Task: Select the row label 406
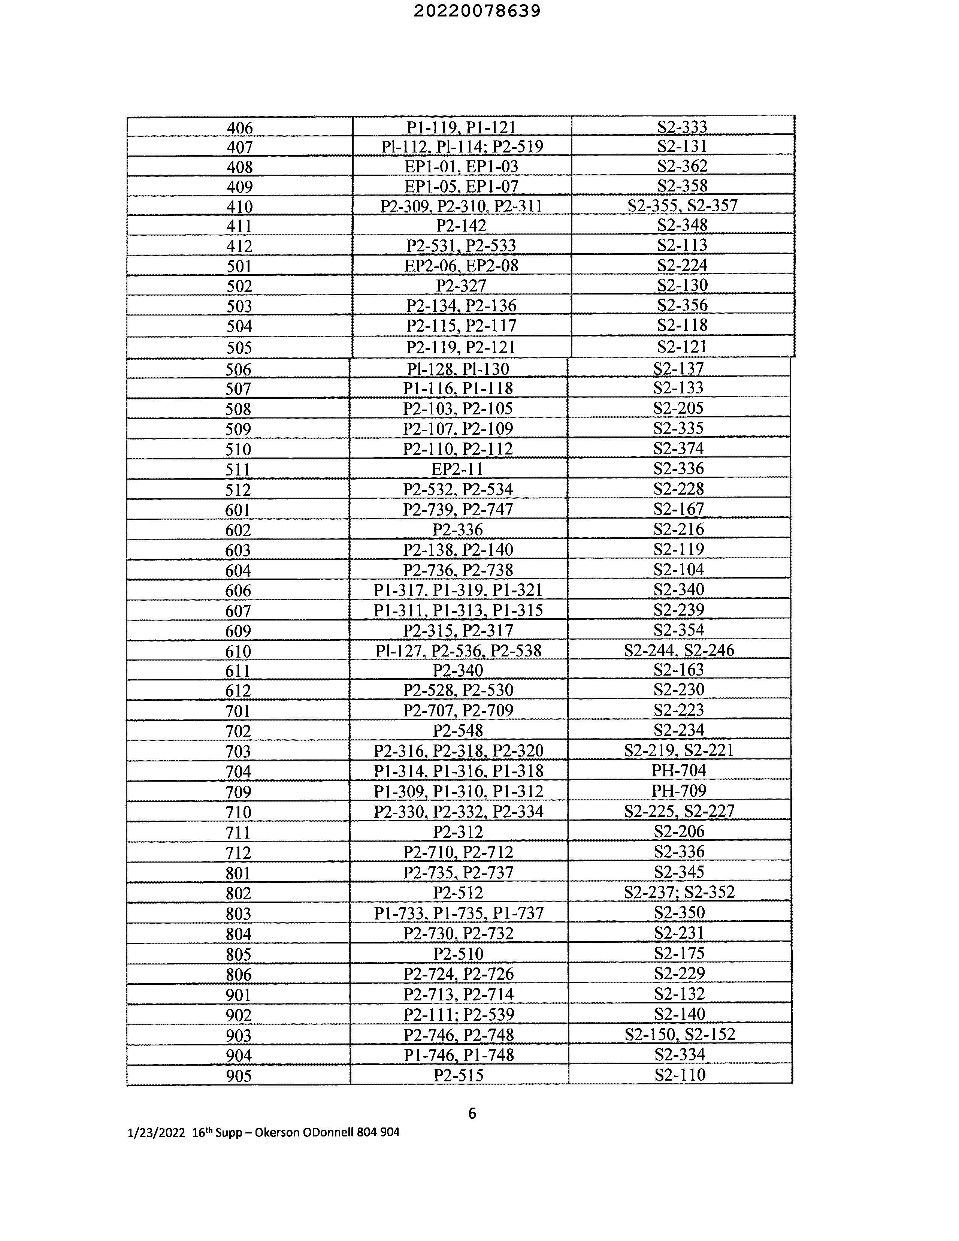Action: [x=240, y=128]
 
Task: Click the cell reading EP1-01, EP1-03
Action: [x=461, y=166]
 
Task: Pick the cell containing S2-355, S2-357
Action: [x=682, y=205]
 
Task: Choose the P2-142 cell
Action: [x=461, y=226]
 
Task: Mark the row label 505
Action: [x=239, y=347]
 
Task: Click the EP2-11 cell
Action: [x=458, y=469]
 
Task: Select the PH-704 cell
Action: [x=679, y=770]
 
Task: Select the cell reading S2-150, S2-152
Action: [x=680, y=1034]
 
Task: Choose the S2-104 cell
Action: [x=679, y=570]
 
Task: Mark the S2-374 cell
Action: [x=679, y=449]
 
